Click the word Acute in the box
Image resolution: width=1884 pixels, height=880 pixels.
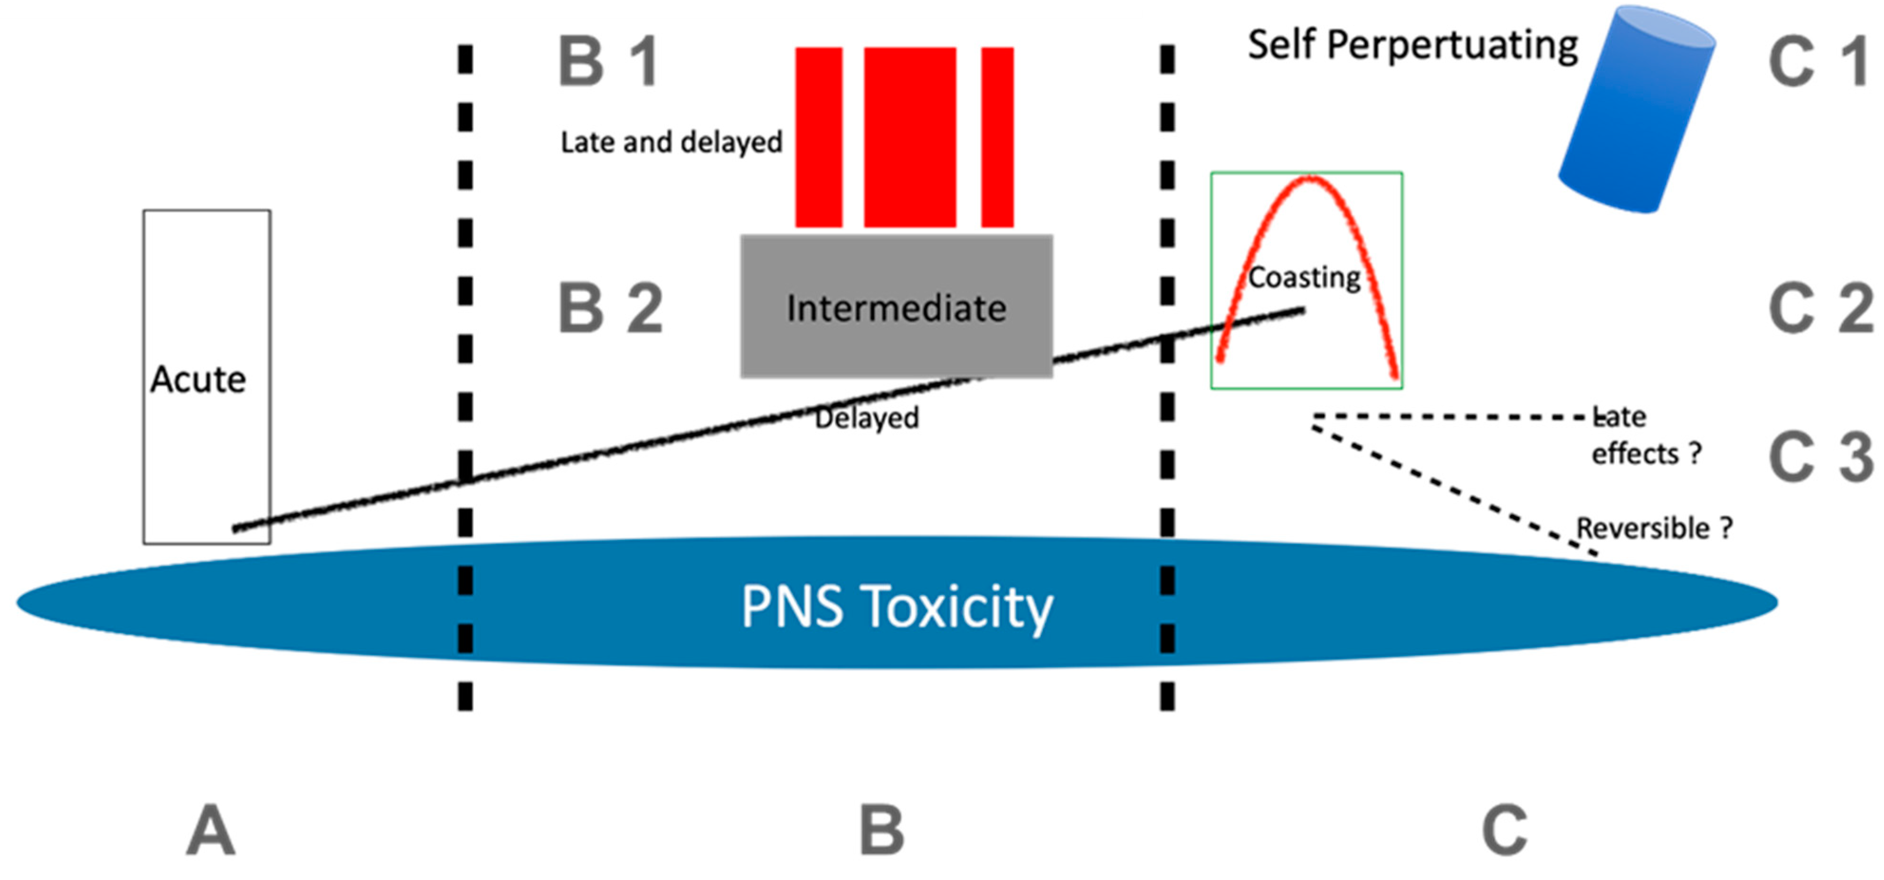198,379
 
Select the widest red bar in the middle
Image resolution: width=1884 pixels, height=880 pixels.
910,137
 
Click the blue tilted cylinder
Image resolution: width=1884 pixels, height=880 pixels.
1636,110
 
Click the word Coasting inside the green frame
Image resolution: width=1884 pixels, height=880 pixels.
1304,278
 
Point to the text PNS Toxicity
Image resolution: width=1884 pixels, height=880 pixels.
897,607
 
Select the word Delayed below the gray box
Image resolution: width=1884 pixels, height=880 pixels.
867,418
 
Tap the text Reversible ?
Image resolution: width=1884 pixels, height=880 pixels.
1654,528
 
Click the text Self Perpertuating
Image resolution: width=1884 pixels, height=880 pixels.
1412,45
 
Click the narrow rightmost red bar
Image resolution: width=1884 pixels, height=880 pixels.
997,137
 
